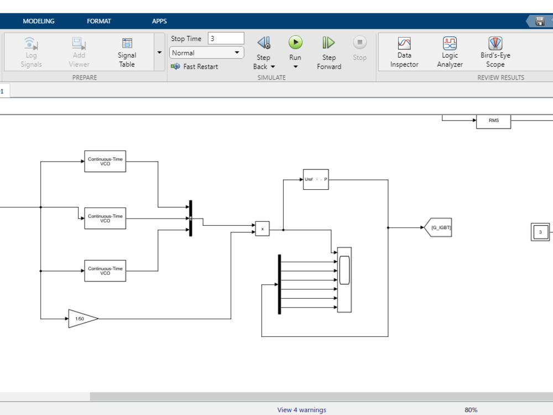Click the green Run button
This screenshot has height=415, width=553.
click(295, 43)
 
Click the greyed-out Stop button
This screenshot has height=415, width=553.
click(359, 43)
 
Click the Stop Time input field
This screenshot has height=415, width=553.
click(226, 39)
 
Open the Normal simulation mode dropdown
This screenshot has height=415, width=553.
click(207, 53)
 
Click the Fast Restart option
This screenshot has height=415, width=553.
click(195, 66)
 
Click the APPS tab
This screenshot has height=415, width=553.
click(159, 21)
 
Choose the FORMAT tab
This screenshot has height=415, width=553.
click(99, 21)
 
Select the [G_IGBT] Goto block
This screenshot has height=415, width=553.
click(438, 227)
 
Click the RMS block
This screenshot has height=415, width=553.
click(493, 121)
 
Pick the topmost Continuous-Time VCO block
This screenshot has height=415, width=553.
click(105, 161)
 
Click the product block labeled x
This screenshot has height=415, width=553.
click(262, 229)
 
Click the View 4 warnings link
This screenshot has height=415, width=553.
click(301, 410)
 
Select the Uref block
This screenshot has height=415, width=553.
click(316, 179)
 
